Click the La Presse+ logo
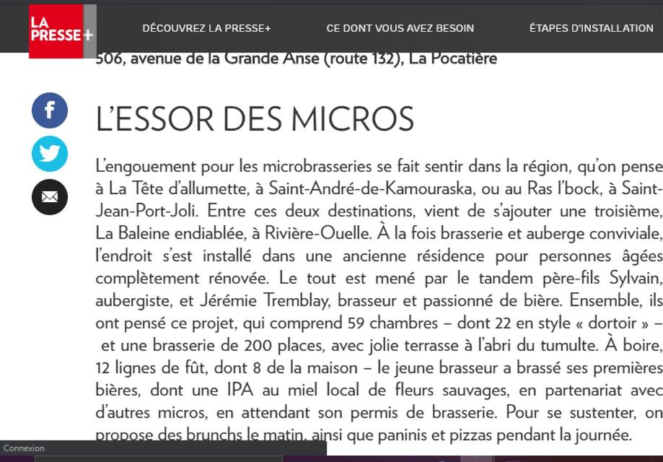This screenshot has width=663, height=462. (x=61, y=30)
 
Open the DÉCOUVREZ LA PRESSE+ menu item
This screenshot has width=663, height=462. (x=206, y=28)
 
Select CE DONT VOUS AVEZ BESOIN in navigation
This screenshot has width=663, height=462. (x=400, y=28)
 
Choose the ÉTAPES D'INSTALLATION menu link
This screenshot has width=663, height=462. (x=591, y=28)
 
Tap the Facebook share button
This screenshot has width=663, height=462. (x=50, y=110)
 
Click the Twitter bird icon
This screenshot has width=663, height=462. (x=50, y=154)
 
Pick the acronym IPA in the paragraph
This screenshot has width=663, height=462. (x=241, y=390)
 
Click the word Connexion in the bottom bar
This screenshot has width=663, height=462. (x=25, y=448)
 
